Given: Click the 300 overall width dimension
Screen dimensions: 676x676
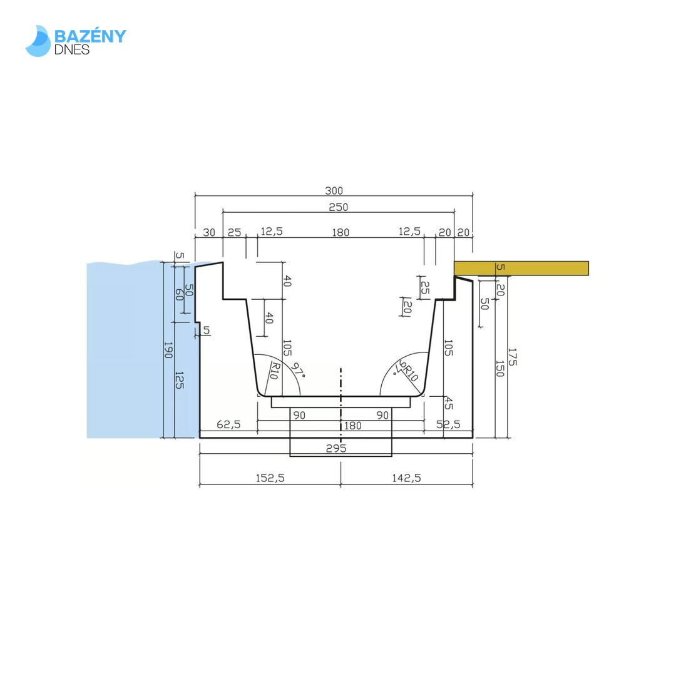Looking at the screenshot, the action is [334, 190].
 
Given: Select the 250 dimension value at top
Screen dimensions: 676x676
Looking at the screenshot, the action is [339, 207].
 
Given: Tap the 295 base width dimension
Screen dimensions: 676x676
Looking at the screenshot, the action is [336, 448].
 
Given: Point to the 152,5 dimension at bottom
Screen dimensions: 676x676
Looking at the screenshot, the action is [270, 478].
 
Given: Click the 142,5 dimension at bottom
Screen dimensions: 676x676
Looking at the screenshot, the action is [407, 478].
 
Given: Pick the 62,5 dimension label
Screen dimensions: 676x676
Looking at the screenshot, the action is [228, 424].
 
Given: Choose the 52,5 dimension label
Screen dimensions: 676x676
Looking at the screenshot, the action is [448, 424].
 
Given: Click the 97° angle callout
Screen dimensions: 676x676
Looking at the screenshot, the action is [298, 371].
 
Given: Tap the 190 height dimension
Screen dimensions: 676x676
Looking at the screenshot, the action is [168, 350].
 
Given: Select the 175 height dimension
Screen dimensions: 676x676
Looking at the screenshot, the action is [512, 357].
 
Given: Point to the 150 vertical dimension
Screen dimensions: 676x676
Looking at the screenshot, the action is [500, 369].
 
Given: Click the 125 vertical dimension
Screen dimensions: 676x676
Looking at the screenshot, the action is [180, 380].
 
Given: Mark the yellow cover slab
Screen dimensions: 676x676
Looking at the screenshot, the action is [521, 268].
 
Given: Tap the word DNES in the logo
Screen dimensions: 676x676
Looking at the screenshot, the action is [71, 49].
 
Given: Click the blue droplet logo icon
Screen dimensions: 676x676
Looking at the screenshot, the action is [38, 41].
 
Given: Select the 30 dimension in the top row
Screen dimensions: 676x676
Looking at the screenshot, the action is [209, 233].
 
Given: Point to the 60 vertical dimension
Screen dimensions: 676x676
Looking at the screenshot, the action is [180, 295].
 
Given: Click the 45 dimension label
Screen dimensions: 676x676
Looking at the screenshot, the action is [448, 404].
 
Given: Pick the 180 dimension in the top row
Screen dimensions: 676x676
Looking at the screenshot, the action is [341, 233].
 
